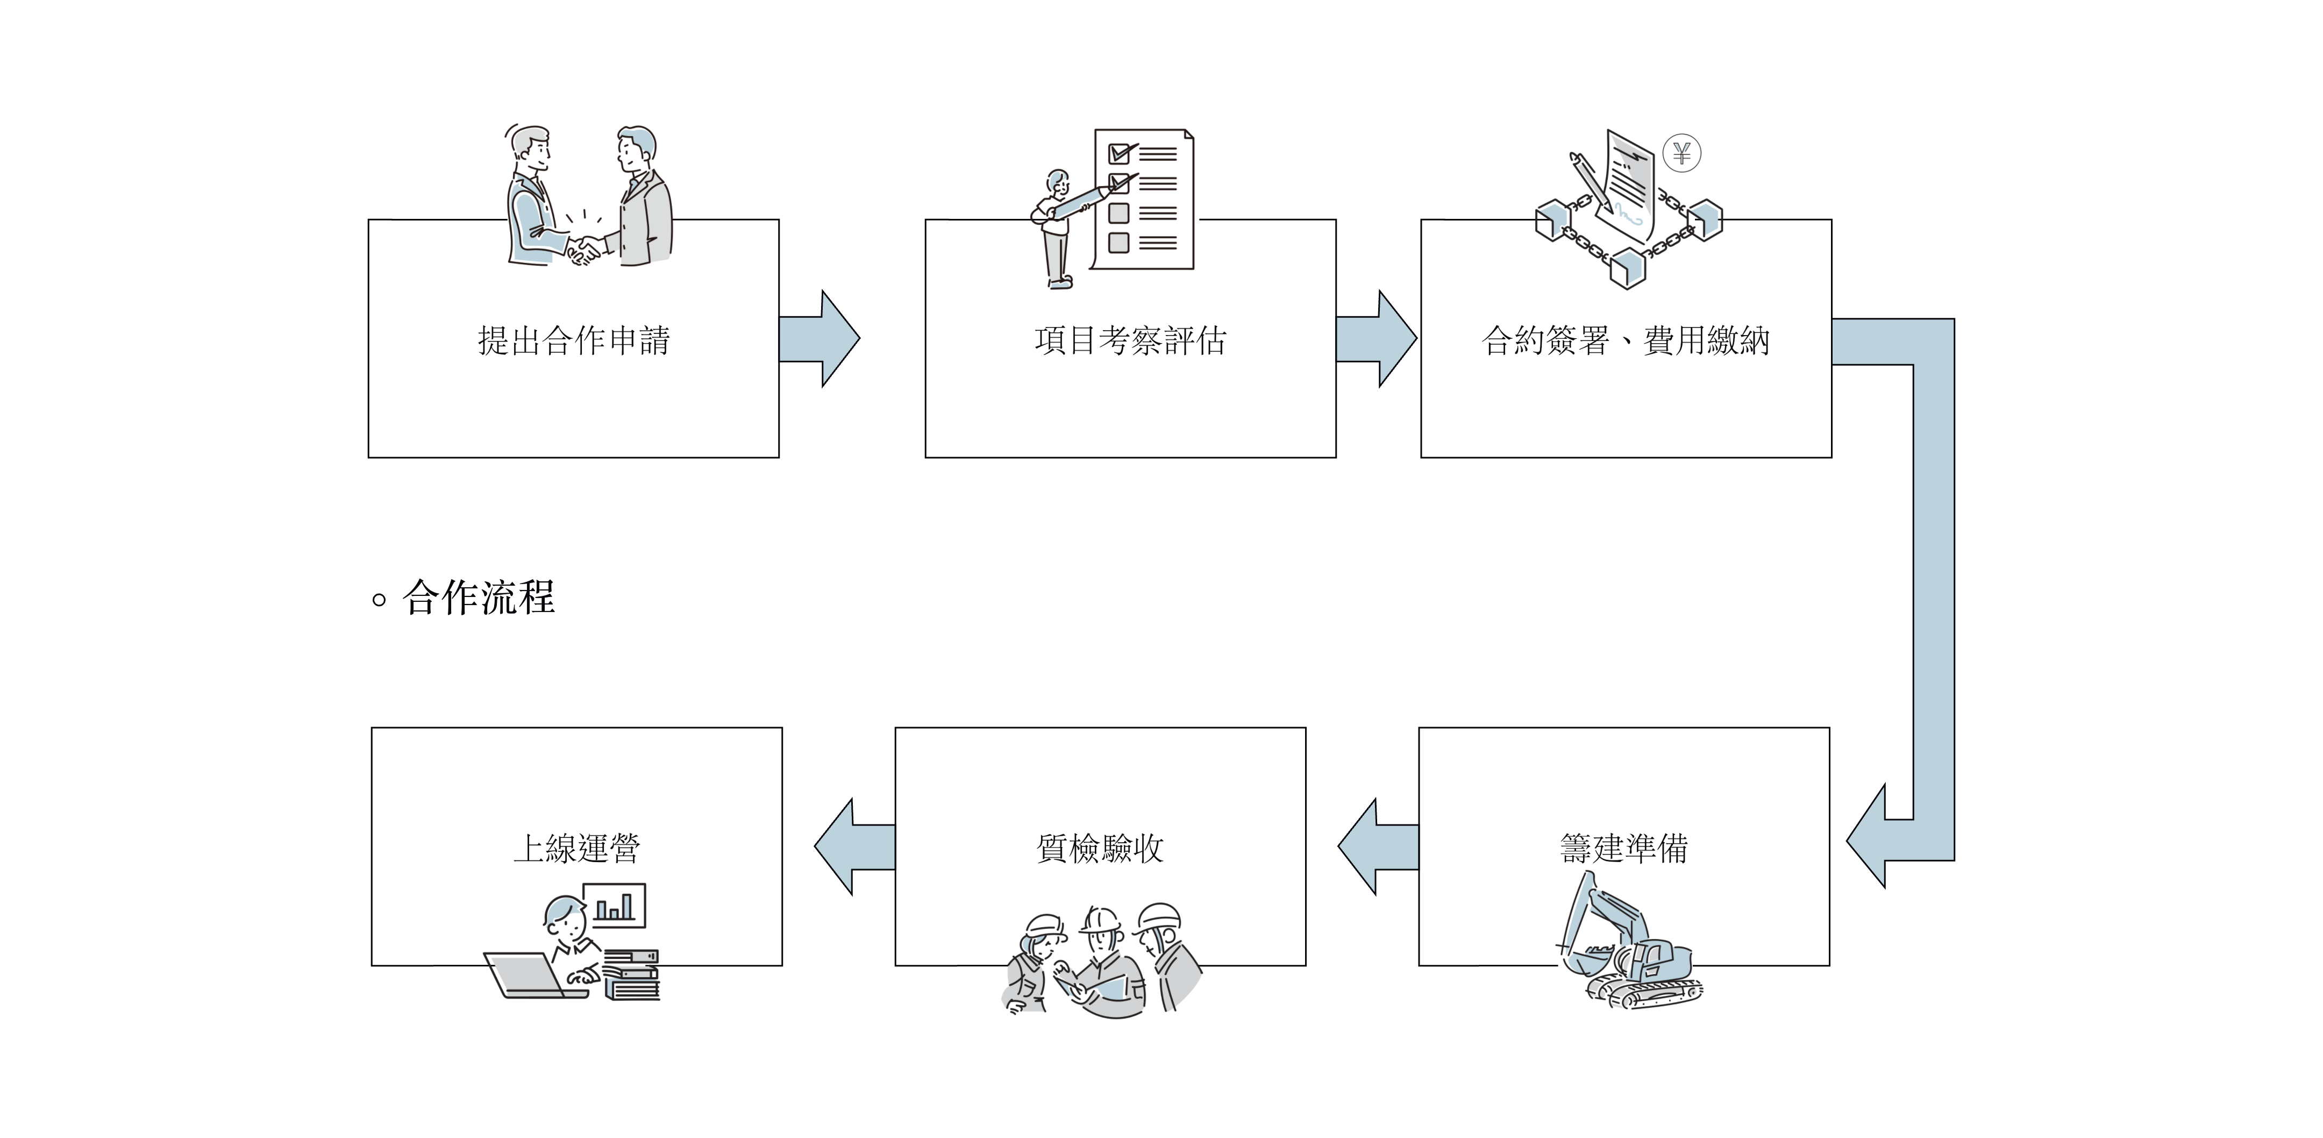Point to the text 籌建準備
pos(1623,848)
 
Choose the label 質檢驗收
pos(1100,848)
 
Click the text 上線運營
pos(576,848)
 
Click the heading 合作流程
pos(478,598)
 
